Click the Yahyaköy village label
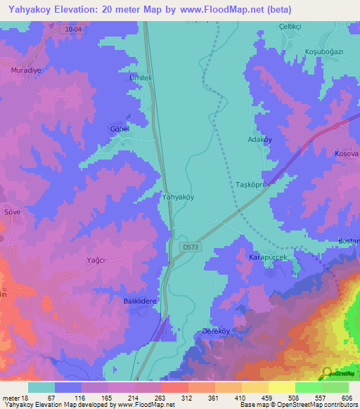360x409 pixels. tap(178, 197)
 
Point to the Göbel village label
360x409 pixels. tap(120, 130)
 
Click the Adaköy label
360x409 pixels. tap(260, 140)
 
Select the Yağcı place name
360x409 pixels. tap(96, 260)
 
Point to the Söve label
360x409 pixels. tap(12, 211)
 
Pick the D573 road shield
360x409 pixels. tap(190, 247)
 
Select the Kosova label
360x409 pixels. tap(347, 153)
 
